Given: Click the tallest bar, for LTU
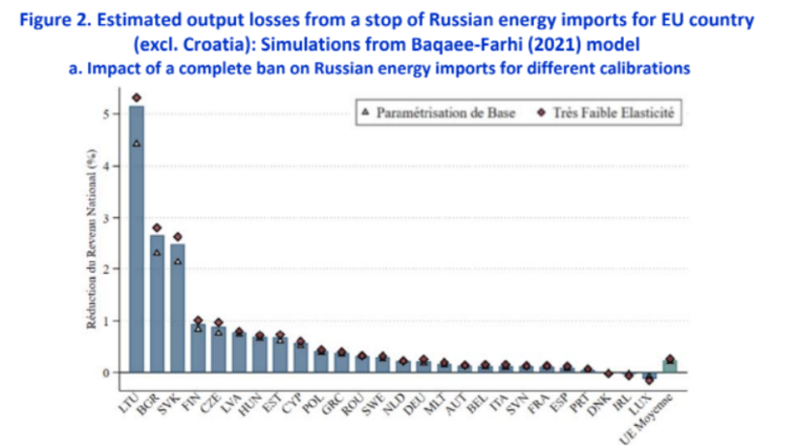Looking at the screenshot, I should [136, 242].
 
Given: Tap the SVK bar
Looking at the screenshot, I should [178, 310].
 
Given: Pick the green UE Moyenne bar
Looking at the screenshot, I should [669, 366].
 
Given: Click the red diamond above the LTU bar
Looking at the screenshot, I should [136, 98].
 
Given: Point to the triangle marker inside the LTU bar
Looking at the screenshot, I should [136, 143].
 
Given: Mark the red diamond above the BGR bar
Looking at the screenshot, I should [158, 227].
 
